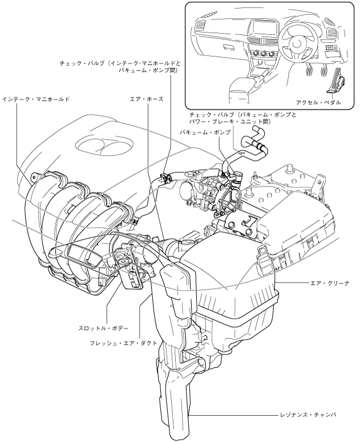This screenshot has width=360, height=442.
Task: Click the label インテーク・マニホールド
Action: tap(35, 99)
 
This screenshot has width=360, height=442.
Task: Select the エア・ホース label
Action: tap(146, 99)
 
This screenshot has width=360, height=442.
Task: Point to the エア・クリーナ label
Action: tap(329, 283)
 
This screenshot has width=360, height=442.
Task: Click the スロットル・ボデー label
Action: tap(103, 329)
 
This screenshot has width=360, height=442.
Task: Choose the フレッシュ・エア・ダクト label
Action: tap(123, 343)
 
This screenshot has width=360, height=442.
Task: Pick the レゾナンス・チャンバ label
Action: tap(308, 415)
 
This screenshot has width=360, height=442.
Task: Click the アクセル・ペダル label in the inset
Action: tap(318, 102)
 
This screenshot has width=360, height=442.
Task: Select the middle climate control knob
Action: tap(264, 54)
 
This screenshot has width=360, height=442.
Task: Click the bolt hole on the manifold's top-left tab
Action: tap(34, 176)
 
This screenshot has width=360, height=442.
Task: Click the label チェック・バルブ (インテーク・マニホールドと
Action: tap(120, 64)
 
